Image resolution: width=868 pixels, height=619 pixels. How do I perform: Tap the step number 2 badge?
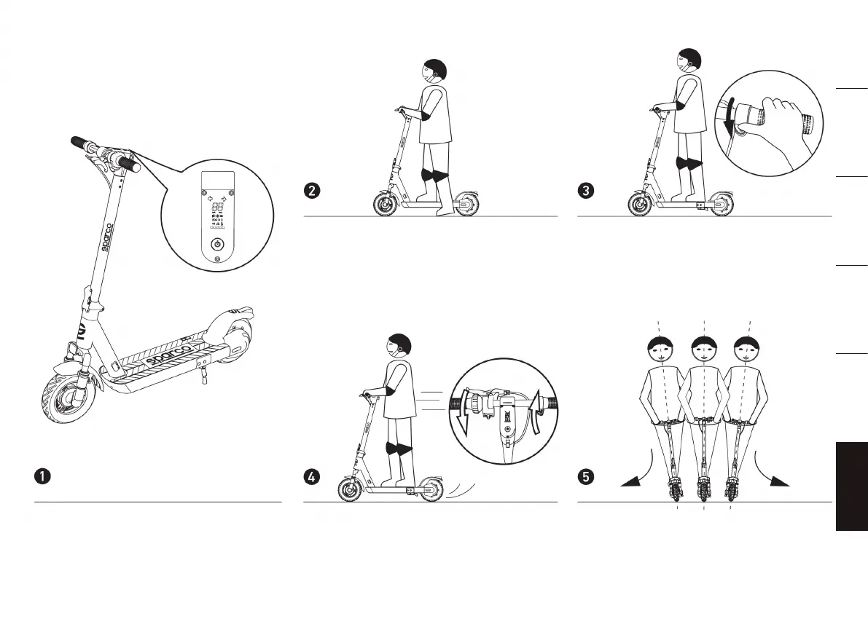pos(311,192)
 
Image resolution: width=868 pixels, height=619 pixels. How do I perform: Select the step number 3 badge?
pos(585,192)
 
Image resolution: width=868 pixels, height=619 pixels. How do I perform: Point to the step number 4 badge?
pos(311,477)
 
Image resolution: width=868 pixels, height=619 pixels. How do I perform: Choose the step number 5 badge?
pos(585,477)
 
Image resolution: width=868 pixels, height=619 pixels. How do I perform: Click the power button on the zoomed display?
pos(216,245)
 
